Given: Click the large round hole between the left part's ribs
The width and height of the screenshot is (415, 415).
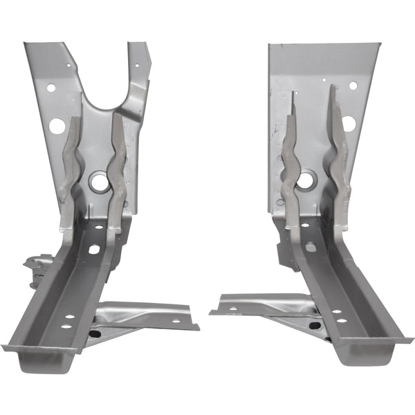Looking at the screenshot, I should point(99,183).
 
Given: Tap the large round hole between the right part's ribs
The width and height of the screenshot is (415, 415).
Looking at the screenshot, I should point(305,181).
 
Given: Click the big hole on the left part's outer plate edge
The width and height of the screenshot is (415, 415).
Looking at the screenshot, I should point(57,126).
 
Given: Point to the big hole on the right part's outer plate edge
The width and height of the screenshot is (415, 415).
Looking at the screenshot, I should point(349,124).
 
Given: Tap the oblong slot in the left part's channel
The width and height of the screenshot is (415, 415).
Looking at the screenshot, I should point(93,248).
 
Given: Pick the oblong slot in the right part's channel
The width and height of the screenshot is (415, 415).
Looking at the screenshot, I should point(311,246).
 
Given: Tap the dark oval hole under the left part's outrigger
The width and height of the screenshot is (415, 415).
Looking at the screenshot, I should point(95,333).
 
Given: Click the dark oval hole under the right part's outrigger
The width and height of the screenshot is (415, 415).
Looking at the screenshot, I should point(315,326).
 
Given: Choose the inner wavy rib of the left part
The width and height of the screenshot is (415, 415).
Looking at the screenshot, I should point(118,166).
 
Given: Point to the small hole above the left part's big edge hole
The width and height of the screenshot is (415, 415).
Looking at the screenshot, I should point(51,88).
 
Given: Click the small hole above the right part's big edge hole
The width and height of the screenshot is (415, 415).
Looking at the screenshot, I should point(353,86).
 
